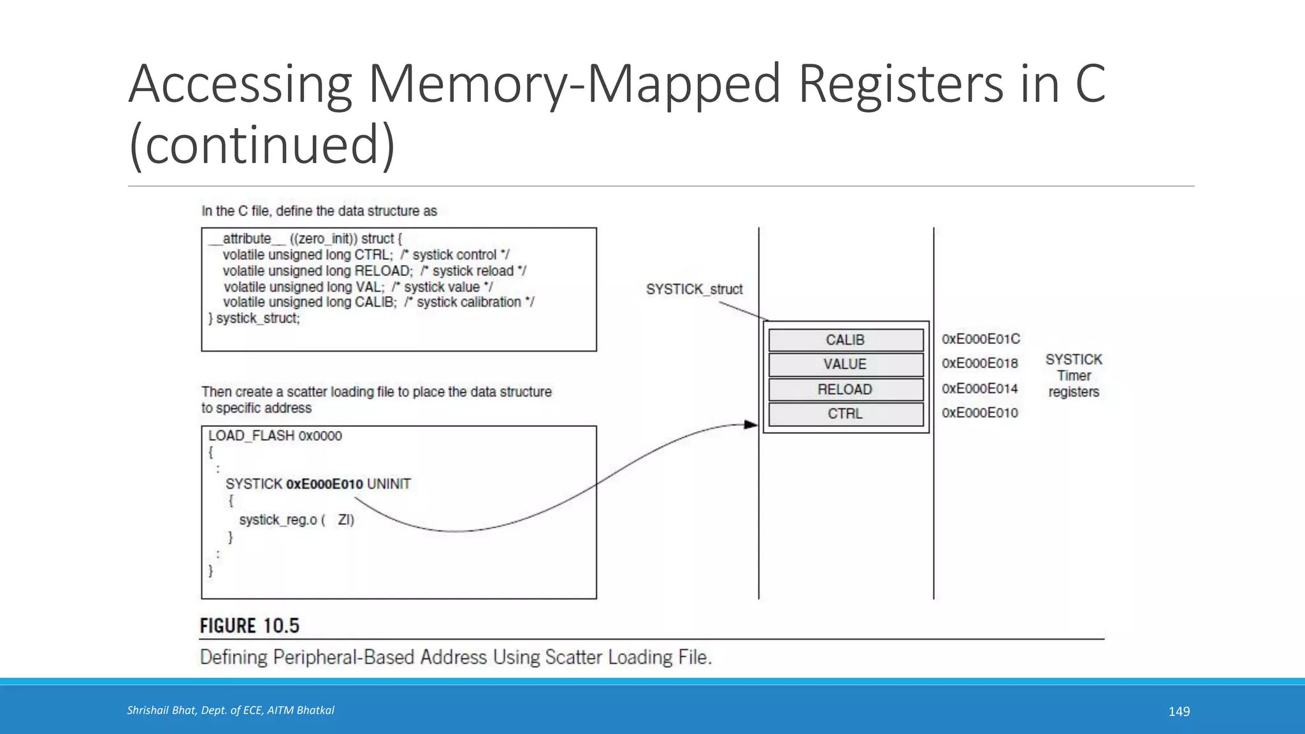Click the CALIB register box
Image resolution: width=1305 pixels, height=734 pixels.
pyautogui.click(x=846, y=340)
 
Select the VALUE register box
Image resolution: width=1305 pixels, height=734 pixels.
pyautogui.click(x=846, y=364)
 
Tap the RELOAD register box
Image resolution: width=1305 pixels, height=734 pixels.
pyautogui.click(x=846, y=389)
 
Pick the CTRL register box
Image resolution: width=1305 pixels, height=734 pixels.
pyautogui.click(x=846, y=414)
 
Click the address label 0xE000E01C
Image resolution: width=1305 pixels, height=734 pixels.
pyautogui.click(x=981, y=339)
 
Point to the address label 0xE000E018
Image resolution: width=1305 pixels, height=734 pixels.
pyautogui.click(x=979, y=363)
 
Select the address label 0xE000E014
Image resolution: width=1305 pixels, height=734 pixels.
pyautogui.click(x=979, y=389)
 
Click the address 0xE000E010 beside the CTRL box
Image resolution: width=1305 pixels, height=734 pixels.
pyautogui.click(x=979, y=413)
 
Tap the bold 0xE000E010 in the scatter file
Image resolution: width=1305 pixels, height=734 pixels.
pyautogui.click(x=324, y=484)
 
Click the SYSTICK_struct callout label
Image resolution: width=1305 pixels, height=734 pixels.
pyautogui.click(x=694, y=289)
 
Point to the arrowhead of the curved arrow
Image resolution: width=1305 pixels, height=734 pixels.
pyautogui.click(x=751, y=424)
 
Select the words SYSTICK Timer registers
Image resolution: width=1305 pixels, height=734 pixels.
pyautogui.click(x=1074, y=376)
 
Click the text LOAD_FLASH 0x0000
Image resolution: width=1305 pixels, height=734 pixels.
pyautogui.click(x=275, y=436)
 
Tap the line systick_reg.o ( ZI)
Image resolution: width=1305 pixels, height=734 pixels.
pyautogui.click(x=296, y=520)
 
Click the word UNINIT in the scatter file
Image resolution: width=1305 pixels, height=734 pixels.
pyautogui.click(x=389, y=484)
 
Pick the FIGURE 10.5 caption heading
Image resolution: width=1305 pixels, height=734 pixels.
pyautogui.click(x=249, y=626)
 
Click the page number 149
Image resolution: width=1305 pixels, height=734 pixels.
pyautogui.click(x=1179, y=712)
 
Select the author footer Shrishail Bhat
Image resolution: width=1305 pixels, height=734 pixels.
pyautogui.click(x=230, y=710)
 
